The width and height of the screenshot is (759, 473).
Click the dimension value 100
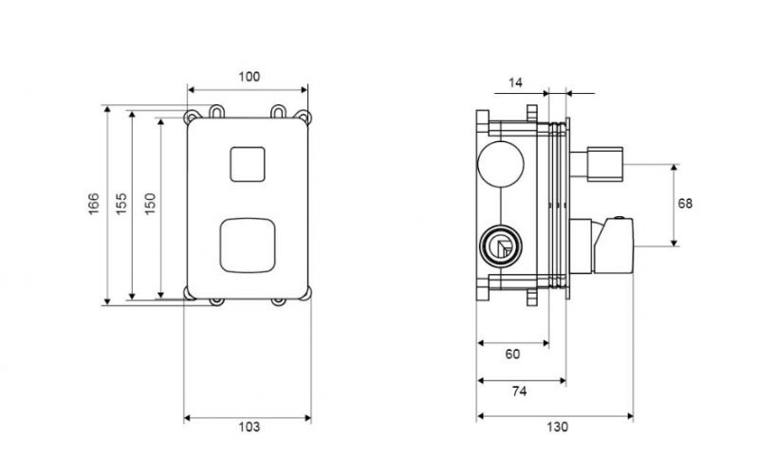click(249, 77)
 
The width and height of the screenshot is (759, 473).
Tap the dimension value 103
click(249, 427)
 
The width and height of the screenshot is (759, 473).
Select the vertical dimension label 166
click(93, 204)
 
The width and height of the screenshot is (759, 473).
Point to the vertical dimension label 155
click(121, 204)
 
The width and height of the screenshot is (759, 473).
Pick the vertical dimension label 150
click(151, 204)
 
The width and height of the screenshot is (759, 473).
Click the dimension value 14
click(515, 82)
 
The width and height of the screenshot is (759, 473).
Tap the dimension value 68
click(685, 204)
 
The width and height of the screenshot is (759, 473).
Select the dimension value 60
click(512, 354)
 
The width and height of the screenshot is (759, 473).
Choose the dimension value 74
click(519, 391)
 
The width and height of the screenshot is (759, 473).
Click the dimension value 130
click(557, 427)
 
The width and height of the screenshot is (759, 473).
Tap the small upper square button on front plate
click(248, 164)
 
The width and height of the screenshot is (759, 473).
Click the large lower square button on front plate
click(248, 245)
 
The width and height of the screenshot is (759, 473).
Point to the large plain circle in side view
click(501, 164)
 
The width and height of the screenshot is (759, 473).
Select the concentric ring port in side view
click(501, 246)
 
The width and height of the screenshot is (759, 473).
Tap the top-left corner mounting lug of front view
click(192, 117)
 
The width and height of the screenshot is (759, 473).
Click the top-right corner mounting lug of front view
click(304, 117)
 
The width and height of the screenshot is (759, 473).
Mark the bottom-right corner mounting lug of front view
click(305, 293)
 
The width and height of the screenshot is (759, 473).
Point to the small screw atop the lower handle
click(619, 218)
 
